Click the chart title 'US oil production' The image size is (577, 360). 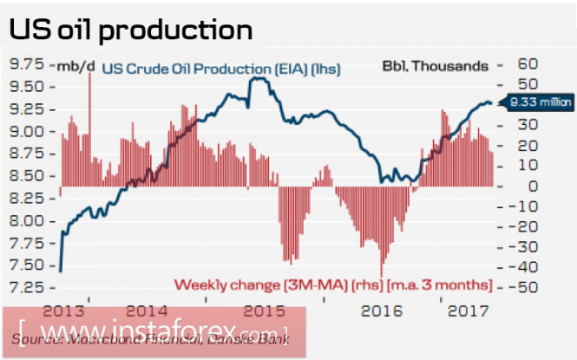[x=131, y=29]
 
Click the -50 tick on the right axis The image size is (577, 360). [x=505, y=287]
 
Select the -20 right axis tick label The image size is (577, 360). [x=505, y=226]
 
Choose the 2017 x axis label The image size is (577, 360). [x=466, y=310]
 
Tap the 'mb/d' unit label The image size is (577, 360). [x=71, y=65]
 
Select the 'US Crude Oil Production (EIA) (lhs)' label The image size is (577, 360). [x=220, y=68]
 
